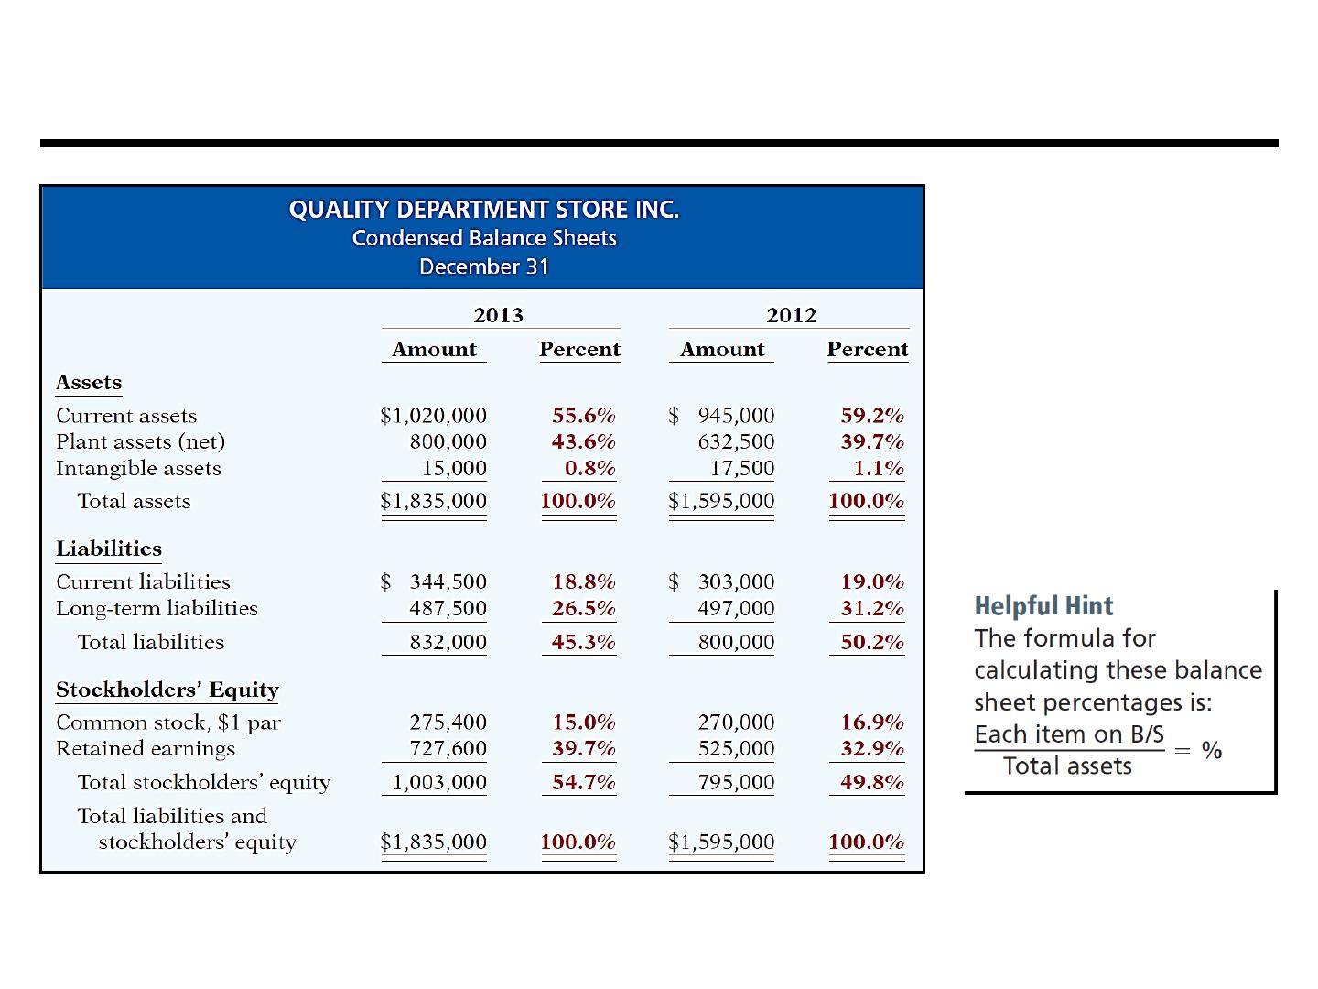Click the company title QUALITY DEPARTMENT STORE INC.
(484, 210)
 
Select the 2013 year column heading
(499, 315)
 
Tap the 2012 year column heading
(792, 315)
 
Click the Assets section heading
(89, 383)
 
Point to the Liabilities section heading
(109, 549)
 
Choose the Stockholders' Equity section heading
(167, 690)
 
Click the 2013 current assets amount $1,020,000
(434, 416)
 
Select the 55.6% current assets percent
(584, 416)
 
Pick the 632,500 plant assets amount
(736, 442)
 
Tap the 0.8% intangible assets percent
(590, 468)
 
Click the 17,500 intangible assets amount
(743, 468)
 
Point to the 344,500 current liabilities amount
(448, 581)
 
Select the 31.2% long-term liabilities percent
(872, 608)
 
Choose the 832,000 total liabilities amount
(448, 642)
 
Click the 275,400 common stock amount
(448, 723)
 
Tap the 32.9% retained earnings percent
(872, 749)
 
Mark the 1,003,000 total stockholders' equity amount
(439, 782)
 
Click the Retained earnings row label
(146, 749)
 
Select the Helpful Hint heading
(1043, 606)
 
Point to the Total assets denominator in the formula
(1067, 766)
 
